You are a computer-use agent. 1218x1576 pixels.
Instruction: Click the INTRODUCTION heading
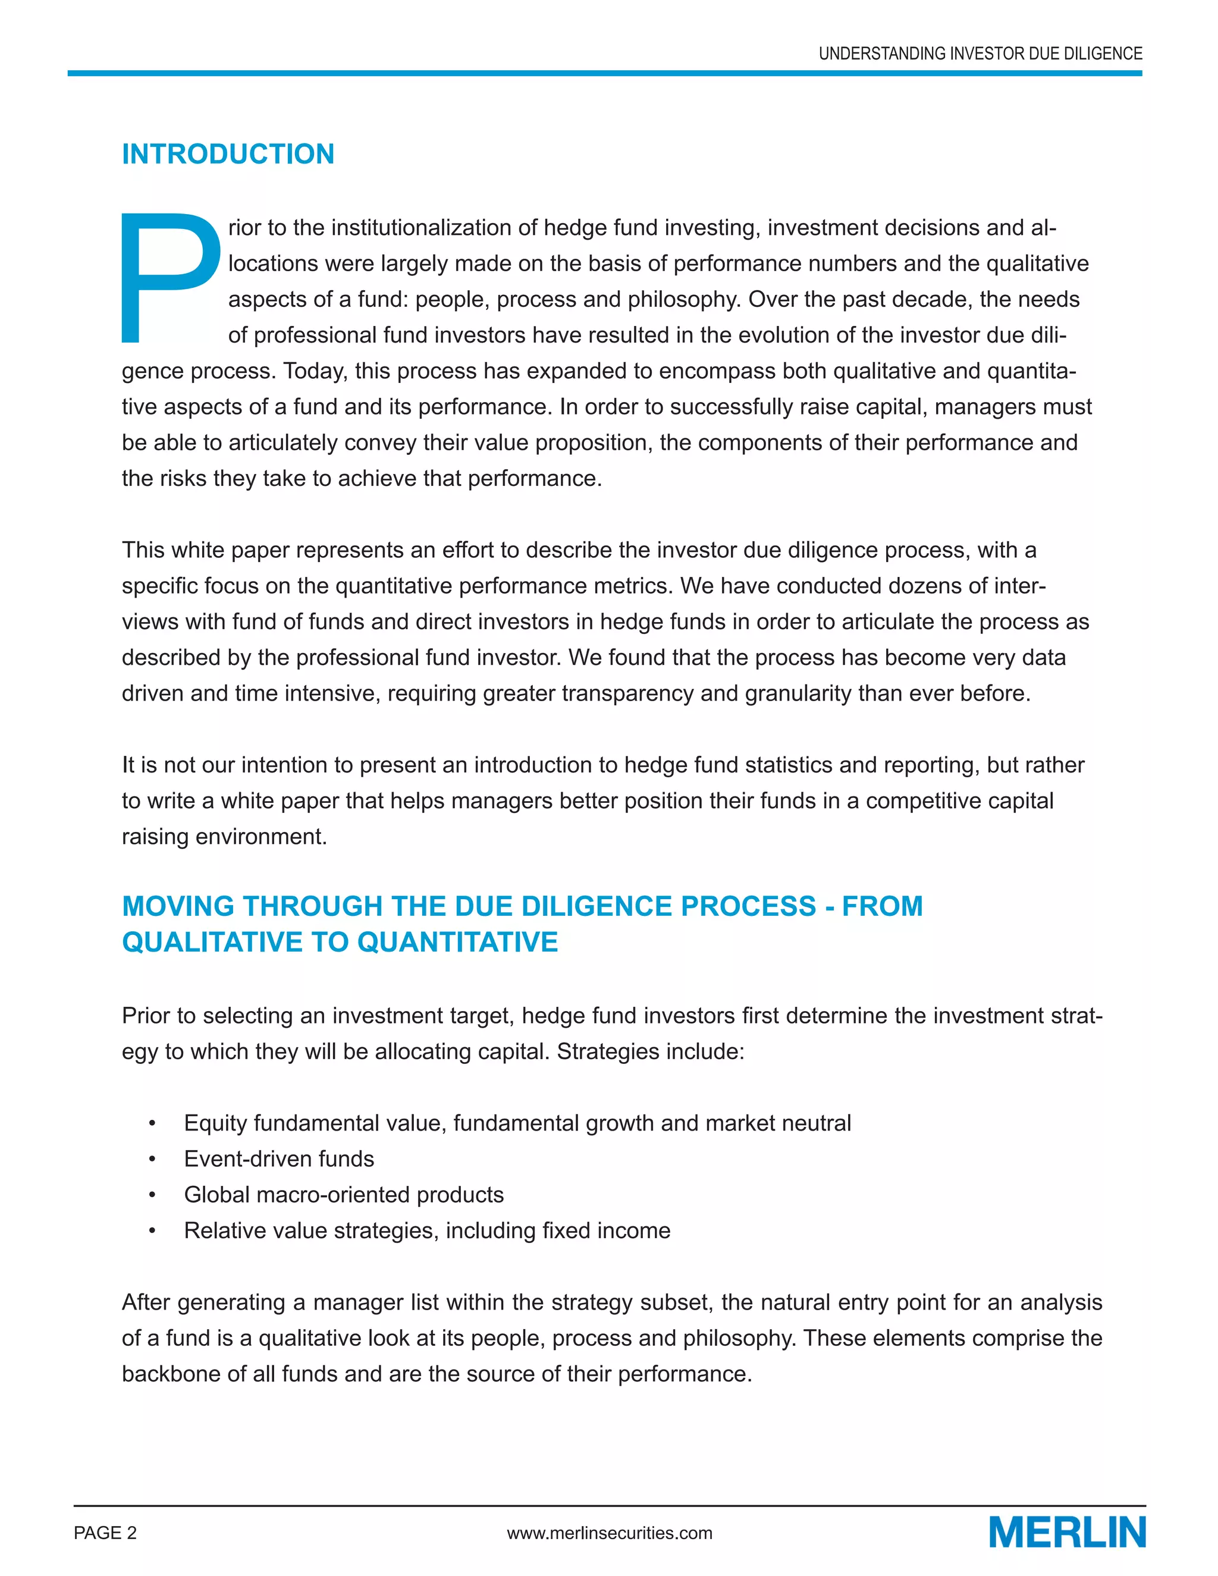pyautogui.click(x=228, y=155)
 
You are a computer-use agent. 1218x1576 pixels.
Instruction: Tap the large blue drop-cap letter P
pyautogui.click(x=170, y=277)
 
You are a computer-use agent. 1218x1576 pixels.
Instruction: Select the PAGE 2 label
pyautogui.click(x=105, y=1533)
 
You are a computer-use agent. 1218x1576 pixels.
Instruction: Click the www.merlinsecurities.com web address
pyautogui.click(x=609, y=1533)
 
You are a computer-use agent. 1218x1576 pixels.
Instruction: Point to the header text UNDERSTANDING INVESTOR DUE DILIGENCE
pyautogui.click(x=980, y=54)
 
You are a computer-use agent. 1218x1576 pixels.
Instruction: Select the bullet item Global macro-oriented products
pyautogui.click(x=344, y=1194)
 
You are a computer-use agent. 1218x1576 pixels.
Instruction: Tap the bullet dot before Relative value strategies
pyautogui.click(x=152, y=1231)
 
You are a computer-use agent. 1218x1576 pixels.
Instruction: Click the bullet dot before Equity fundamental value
pyautogui.click(x=152, y=1123)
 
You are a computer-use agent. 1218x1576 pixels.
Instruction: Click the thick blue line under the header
pyautogui.click(x=605, y=73)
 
